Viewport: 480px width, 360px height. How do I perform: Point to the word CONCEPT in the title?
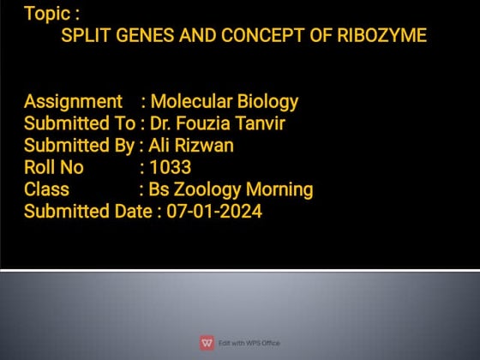pos(256,36)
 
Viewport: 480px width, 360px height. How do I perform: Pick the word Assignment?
pos(73,102)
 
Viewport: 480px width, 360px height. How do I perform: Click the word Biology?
pos(267,102)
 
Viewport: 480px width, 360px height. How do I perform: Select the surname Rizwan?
pos(206,146)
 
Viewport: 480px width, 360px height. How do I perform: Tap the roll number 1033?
pos(170,167)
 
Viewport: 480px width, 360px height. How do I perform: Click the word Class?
pos(46,189)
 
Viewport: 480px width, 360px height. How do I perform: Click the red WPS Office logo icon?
pos(207,343)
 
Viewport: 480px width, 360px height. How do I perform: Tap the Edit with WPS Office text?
pos(249,344)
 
